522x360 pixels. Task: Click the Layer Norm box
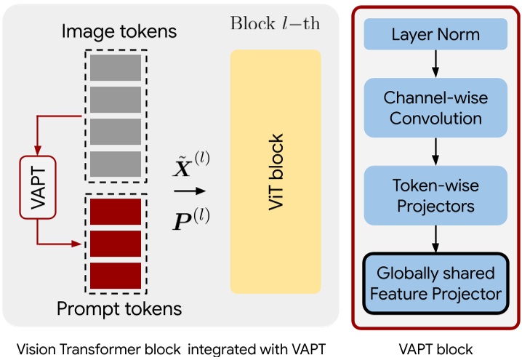pos(434,35)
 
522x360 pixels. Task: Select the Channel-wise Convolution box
pos(434,108)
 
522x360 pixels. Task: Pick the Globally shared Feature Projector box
pos(434,284)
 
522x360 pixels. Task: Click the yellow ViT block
pos(276,171)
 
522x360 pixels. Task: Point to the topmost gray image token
pos(115,67)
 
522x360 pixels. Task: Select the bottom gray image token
pos(115,164)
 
